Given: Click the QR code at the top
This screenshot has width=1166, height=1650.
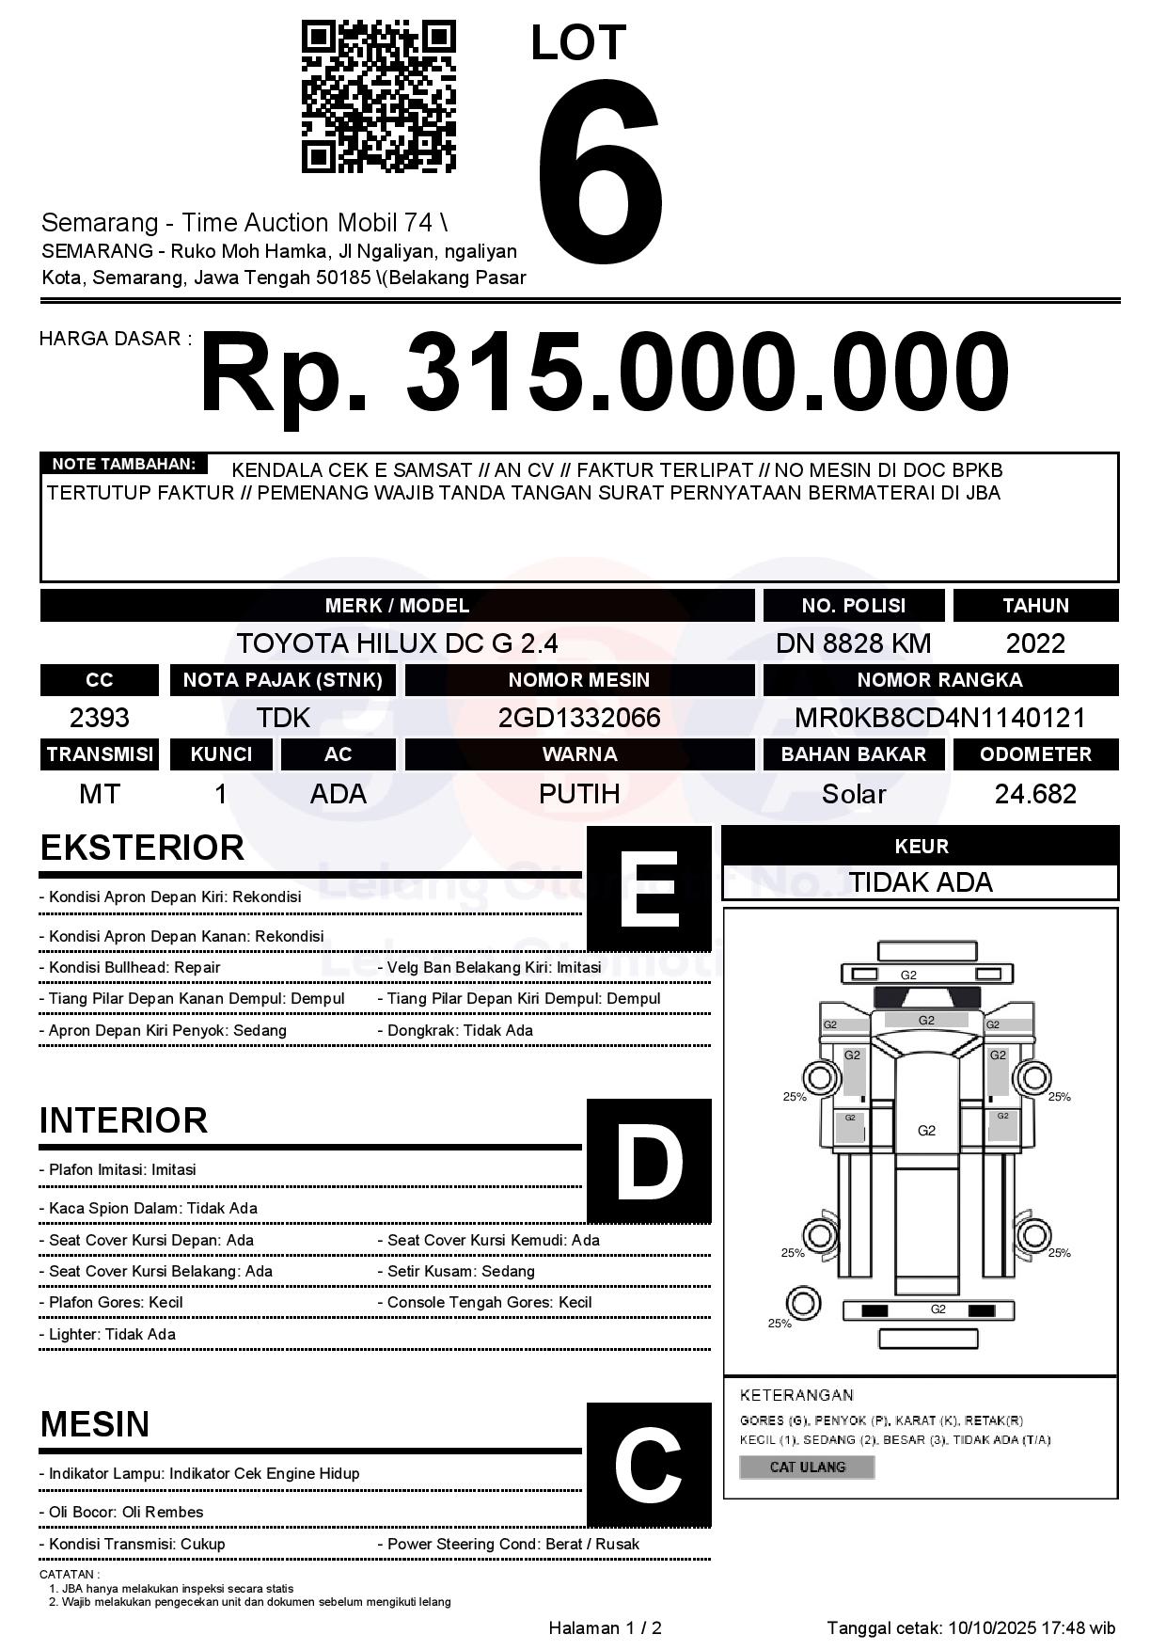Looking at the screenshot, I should (378, 98).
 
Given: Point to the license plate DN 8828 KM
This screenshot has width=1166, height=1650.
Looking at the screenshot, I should (853, 643).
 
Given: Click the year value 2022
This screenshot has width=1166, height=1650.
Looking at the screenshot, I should (1035, 643).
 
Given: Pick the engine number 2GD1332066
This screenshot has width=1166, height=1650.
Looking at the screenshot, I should (579, 718).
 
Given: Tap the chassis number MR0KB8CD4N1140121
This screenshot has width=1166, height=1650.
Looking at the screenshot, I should (939, 718).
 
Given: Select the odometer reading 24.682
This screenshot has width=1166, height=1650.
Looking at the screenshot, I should (1035, 794).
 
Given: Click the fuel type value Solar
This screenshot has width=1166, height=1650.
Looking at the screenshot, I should (853, 794).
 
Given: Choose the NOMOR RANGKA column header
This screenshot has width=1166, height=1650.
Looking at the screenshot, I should (939, 680).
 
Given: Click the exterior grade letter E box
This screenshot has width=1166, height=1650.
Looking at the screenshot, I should (648, 889).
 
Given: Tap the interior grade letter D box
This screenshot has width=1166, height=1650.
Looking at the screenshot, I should (648, 1161).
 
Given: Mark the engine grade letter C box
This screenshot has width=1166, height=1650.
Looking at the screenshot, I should (648, 1464).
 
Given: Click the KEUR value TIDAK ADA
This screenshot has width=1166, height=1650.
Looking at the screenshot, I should (921, 882).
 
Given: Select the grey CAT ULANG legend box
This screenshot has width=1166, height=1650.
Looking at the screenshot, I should (807, 1467).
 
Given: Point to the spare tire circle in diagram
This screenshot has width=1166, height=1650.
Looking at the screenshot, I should (802, 1304).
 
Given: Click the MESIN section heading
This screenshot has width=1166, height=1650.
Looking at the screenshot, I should (95, 1424).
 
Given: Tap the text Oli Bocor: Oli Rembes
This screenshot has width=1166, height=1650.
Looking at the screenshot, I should (126, 1512).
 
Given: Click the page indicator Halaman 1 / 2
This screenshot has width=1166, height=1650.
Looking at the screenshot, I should (605, 1627).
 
